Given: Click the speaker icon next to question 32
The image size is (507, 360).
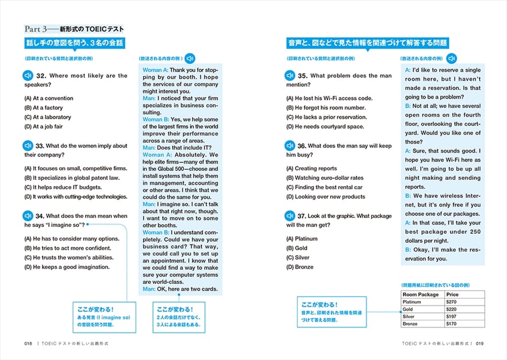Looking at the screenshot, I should (x=29, y=76).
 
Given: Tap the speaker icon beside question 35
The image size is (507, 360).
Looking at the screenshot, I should (x=290, y=76).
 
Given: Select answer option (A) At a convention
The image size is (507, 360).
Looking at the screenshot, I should (x=49, y=98).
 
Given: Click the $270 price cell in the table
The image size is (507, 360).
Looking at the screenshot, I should (x=452, y=302).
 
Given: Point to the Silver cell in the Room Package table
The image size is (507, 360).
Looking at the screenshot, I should (x=409, y=316).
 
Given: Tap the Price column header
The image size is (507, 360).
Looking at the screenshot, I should (x=452, y=295).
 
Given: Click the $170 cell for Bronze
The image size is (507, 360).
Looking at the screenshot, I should (x=452, y=323).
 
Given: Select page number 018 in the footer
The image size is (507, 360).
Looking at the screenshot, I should (x=28, y=343).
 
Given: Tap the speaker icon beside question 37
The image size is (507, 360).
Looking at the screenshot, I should (x=290, y=215).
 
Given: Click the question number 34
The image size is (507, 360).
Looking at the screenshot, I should (x=40, y=215).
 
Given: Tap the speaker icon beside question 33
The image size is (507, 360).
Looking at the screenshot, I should (x=29, y=146).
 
